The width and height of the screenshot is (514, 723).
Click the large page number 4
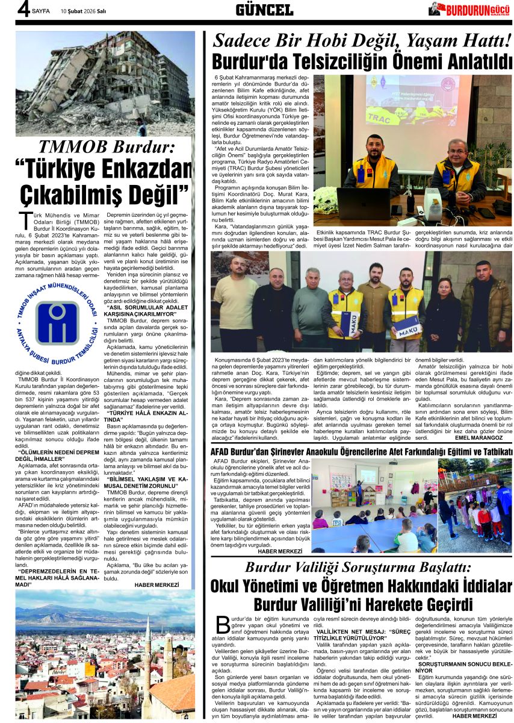[23, 10]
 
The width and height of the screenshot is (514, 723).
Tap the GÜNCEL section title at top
[264, 10]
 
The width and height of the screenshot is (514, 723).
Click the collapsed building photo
[105, 84]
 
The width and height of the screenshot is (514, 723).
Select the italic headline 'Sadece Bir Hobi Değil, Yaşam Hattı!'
[362, 41]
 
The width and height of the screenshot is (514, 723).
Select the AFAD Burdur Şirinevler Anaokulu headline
[361, 452]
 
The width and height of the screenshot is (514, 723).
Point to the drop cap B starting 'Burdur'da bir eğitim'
[222, 623]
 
